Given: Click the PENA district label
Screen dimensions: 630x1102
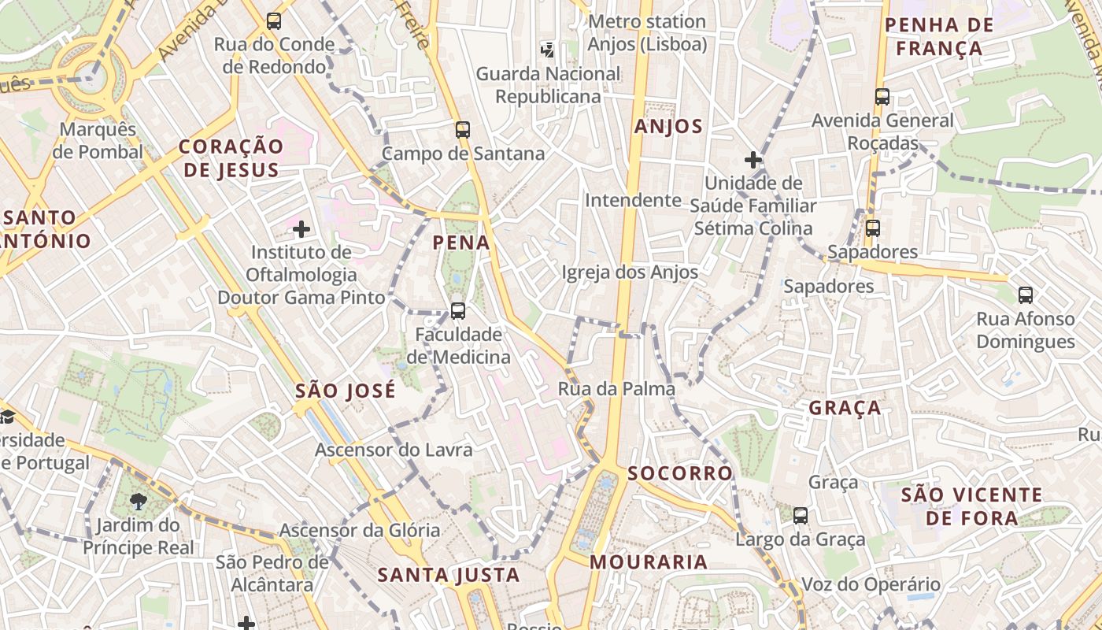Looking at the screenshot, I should click(x=461, y=243).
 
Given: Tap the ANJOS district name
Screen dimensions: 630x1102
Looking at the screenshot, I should click(x=668, y=127).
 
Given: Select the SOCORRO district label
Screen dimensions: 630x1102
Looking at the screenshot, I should click(x=680, y=473).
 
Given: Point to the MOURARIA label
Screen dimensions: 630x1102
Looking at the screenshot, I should click(x=649, y=562).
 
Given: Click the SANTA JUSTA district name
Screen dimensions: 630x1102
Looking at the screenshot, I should click(x=449, y=575).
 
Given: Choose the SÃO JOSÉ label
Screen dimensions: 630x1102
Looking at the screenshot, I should click(x=346, y=391).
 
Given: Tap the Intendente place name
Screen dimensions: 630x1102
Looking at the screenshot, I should click(x=633, y=200).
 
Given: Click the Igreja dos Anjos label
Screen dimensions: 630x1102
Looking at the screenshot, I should click(x=630, y=272).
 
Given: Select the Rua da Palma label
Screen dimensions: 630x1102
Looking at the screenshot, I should click(x=616, y=388).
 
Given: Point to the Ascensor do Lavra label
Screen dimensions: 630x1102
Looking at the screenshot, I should click(x=394, y=450).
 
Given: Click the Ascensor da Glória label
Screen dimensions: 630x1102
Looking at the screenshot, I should click(x=360, y=530).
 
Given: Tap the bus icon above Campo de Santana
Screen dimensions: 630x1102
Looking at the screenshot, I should click(x=463, y=130).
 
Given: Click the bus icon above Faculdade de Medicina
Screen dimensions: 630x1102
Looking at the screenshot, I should click(x=458, y=311).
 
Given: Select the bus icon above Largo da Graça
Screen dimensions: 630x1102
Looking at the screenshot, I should click(x=801, y=516).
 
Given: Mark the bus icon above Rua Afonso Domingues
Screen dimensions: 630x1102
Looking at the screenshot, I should click(x=1025, y=295).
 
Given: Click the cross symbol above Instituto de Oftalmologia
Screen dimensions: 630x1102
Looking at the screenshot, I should click(x=301, y=229).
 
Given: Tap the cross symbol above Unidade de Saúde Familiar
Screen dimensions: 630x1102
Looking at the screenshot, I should click(x=753, y=160).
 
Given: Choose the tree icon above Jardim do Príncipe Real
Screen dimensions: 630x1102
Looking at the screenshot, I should click(x=139, y=501).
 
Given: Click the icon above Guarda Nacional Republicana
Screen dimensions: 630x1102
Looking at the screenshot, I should click(x=547, y=50).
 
